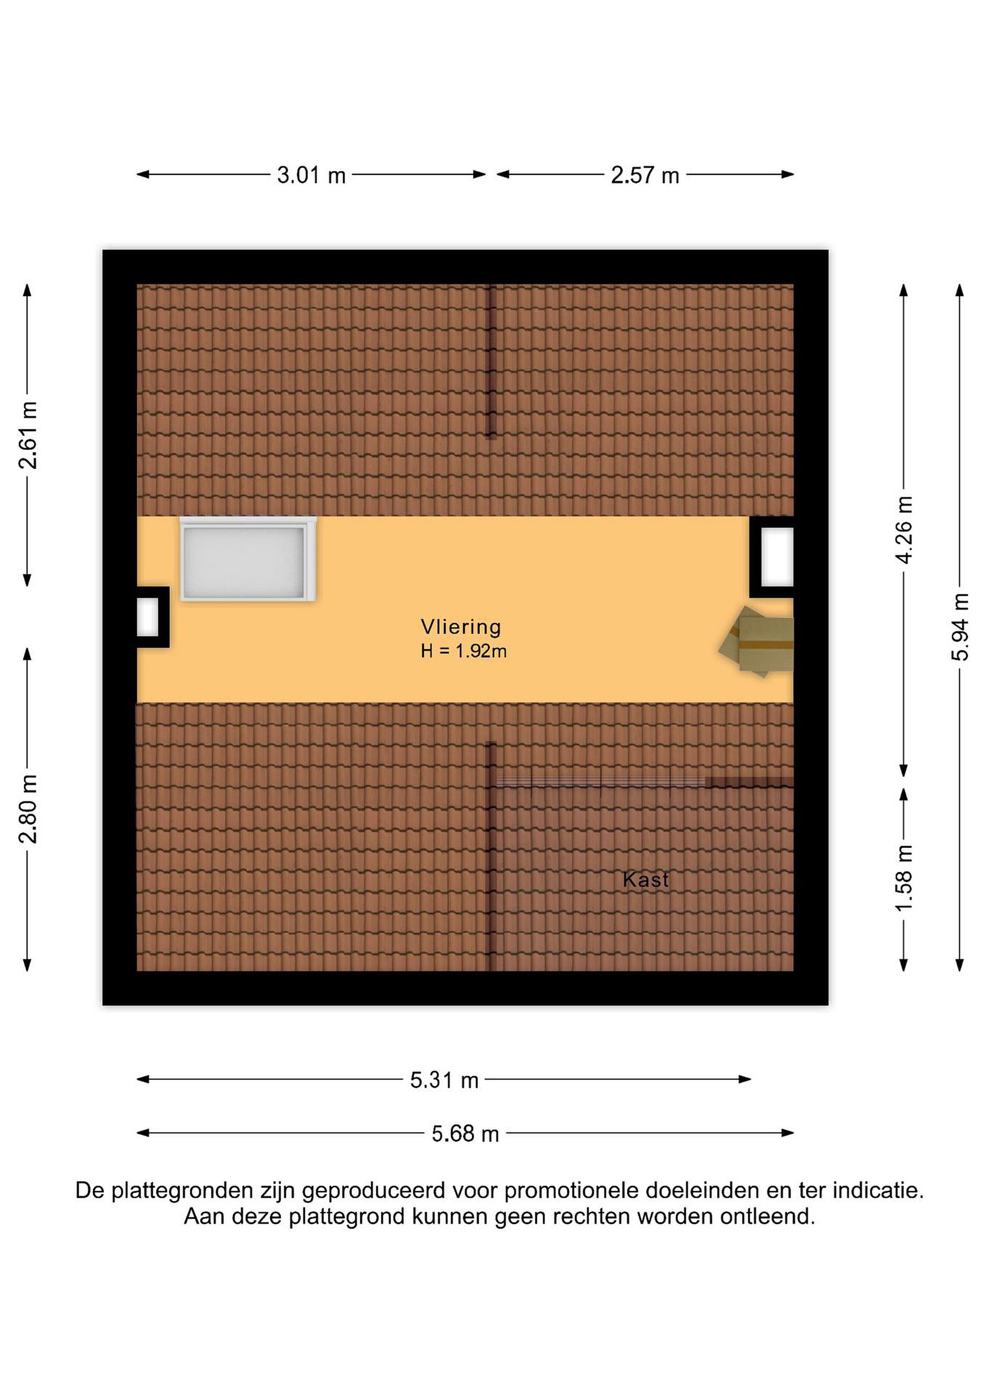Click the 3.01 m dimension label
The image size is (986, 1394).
(311, 176)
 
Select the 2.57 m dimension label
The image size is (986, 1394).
(645, 176)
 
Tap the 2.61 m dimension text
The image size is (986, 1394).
(28, 435)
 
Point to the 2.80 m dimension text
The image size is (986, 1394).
(28, 809)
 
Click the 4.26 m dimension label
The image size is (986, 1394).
(904, 530)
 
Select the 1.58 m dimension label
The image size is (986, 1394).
(904, 878)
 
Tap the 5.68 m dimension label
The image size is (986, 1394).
(466, 1134)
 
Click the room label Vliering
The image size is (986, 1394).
(461, 626)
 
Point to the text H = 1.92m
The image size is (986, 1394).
(464, 652)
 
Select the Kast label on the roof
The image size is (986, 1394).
(646, 880)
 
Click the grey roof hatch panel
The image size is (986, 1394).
(248, 559)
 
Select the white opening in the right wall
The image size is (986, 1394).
(777, 557)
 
